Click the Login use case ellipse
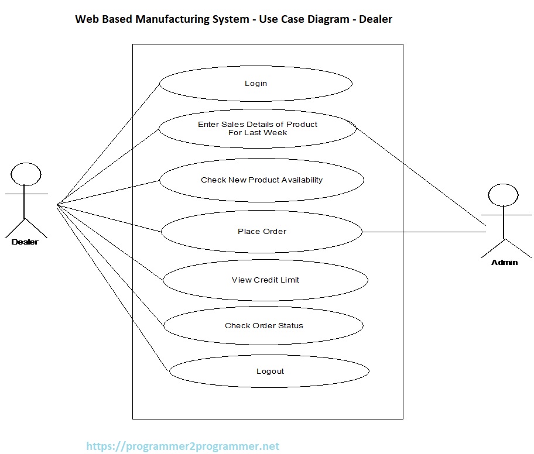pyautogui.click(x=255, y=84)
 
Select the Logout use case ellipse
pyautogui.click(x=269, y=372)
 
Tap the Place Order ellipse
pyautogui.click(x=262, y=232)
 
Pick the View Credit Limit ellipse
pyautogui.click(x=265, y=280)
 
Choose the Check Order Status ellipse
pyautogui.click(x=263, y=326)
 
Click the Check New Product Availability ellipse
pyautogui.click(x=261, y=180)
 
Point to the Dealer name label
pyautogui.click(x=25, y=242)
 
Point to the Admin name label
pyautogui.click(x=504, y=262)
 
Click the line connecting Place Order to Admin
pyautogui.click(x=424, y=232)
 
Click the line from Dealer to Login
pyautogui.click(x=108, y=144)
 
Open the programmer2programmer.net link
pyautogui.click(x=183, y=446)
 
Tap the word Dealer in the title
pyautogui.click(x=375, y=19)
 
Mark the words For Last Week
pyautogui.click(x=258, y=133)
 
